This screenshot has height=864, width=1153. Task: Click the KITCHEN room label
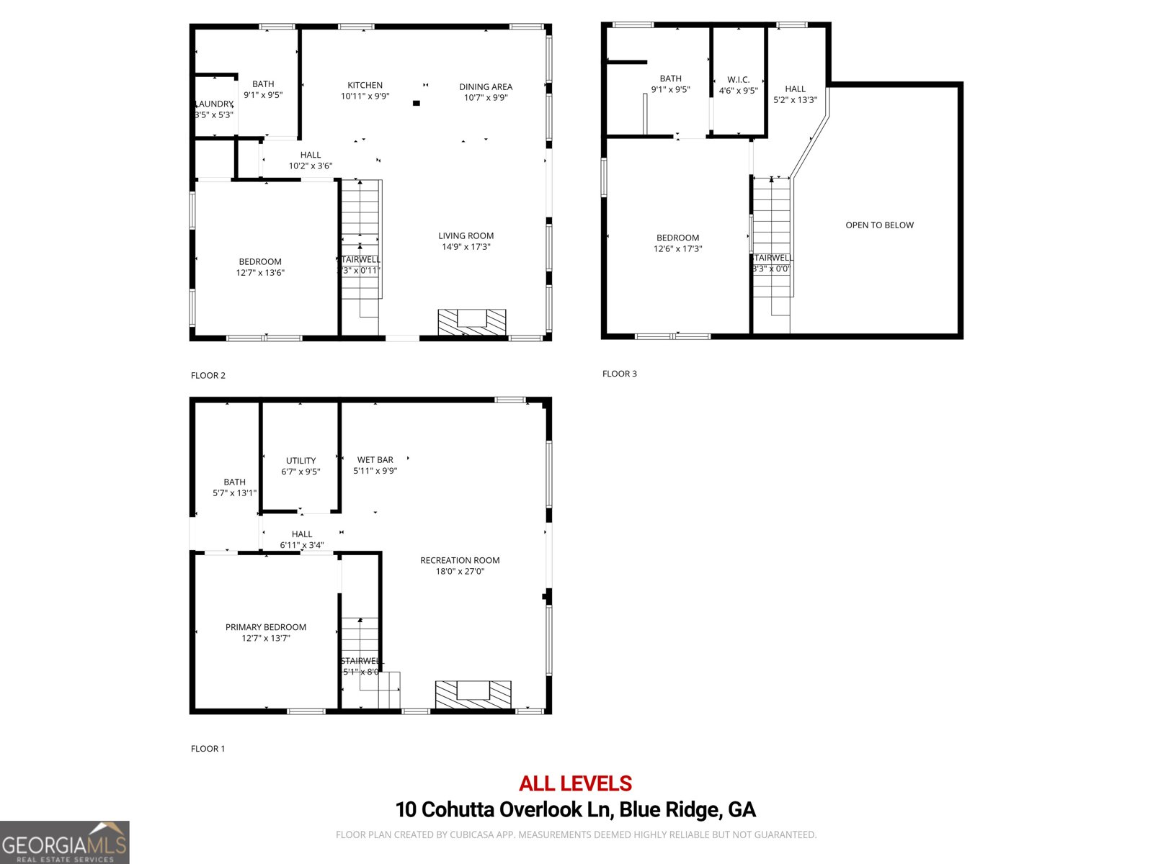365,85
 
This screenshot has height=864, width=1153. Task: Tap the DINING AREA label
486,86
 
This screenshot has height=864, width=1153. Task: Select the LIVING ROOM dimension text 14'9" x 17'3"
466,247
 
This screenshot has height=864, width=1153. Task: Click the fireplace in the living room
472,321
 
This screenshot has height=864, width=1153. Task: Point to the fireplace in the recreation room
473,693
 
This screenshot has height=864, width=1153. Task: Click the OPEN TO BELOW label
879,225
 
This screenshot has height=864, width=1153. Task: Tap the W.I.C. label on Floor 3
739,80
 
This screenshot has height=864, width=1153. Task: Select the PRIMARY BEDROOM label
266,627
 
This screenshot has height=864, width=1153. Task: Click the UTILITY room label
301,461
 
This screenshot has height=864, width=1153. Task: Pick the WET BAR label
375,459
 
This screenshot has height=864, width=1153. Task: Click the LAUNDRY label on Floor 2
214,104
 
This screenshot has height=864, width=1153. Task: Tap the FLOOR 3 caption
619,374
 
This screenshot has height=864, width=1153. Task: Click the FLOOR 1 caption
208,749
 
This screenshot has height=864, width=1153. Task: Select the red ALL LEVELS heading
575,783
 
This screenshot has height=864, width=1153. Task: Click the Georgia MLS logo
64,842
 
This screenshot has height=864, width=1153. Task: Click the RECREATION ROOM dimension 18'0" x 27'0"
460,572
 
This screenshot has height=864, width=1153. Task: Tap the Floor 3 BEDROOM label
677,238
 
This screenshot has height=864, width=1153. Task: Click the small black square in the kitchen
416,104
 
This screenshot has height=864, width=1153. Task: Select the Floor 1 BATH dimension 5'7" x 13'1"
234,493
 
